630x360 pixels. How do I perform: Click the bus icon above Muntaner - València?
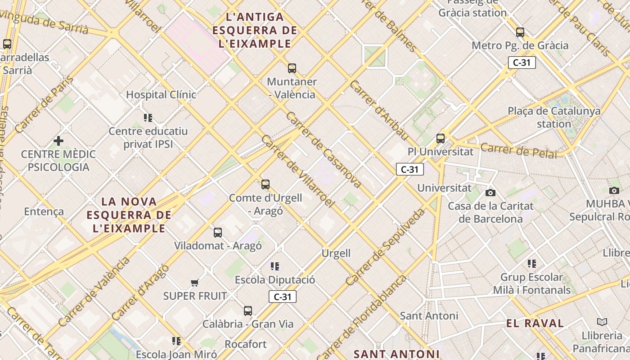point(292,68)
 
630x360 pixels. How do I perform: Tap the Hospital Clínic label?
point(161,94)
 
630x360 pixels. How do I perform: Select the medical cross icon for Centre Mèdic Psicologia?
point(58,141)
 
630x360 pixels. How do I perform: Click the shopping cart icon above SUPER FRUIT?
point(194,283)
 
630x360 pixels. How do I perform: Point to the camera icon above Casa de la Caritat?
point(490,193)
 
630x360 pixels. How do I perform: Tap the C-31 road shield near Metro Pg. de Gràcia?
point(522,63)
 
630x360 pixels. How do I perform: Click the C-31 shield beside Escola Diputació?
point(282,297)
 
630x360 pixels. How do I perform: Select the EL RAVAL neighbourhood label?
point(535,323)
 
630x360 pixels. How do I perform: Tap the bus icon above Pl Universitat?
point(440,139)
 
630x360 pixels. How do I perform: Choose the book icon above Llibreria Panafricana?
point(602,322)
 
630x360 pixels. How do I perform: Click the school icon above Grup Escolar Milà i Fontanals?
point(531,264)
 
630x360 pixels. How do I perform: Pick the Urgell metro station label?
point(336,253)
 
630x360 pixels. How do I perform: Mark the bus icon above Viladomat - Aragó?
point(218,232)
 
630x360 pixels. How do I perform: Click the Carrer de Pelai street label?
point(518,150)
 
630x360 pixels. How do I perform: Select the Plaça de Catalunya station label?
point(554,117)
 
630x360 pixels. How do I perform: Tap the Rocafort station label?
point(245,344)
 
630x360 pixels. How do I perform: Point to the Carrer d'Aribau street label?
point(379,111)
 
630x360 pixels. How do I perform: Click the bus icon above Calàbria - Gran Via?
point(247,310)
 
